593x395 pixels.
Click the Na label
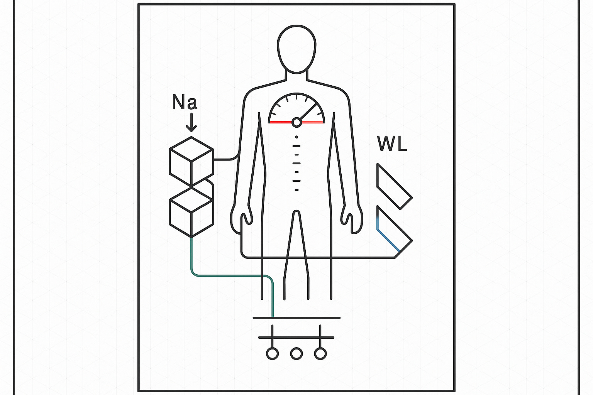tap(185, 103)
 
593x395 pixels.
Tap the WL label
tap(392, 143)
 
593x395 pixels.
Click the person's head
tap(296, 49)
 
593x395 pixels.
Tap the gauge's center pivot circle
tap(296, 122)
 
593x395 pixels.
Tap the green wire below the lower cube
tap(232, 275)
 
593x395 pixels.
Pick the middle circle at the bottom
tap(296, 353)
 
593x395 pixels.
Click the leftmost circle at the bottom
tap(272, 353)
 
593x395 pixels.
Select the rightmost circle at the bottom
tap(320, 353)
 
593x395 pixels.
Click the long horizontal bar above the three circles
tap(296, 318)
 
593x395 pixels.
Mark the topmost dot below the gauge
tap(296, 137)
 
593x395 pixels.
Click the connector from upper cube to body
tap(226, 159)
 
